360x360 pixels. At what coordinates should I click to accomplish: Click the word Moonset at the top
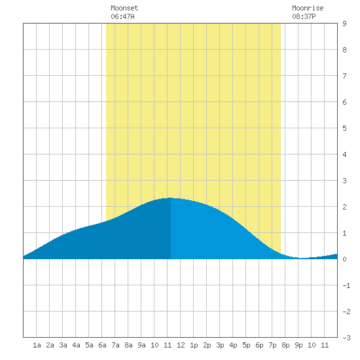(x=124, y=8)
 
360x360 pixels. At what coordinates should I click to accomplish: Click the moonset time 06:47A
(x=122, y=16)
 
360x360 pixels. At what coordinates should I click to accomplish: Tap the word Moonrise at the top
(x=308, y=8)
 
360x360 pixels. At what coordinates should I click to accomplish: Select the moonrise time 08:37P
(x=304, y=16)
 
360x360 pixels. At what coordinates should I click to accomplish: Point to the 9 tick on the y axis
(x=344, y=24)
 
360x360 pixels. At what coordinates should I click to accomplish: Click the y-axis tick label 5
(x=344, y=128)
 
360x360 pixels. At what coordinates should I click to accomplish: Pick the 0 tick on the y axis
(x=344, y=259)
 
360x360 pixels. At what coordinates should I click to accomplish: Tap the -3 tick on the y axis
(x=346, y=338)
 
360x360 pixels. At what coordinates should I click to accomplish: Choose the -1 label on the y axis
(x=346, y=285)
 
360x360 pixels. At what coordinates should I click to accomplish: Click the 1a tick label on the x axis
(x=37, y=345)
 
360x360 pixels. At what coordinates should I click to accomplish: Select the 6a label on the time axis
(x=102, y=345)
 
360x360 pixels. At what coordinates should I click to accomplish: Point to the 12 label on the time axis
(x=181, y=345)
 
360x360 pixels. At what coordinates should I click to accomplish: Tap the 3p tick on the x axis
(x=220, y=345)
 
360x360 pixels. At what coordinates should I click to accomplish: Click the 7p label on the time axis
(x=272, y=345)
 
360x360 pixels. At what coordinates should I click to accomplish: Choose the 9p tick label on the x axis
(x=298, y=345)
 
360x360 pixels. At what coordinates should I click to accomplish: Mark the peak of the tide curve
(x=170, y=198)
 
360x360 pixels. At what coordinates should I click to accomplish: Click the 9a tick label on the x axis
(x=141, y=345)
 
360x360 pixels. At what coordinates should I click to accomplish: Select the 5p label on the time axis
(x=246, y=345)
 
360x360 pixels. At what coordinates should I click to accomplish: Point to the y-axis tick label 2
(x=344, y=207)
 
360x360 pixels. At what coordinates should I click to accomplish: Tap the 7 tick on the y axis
(x=344, y=76)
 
